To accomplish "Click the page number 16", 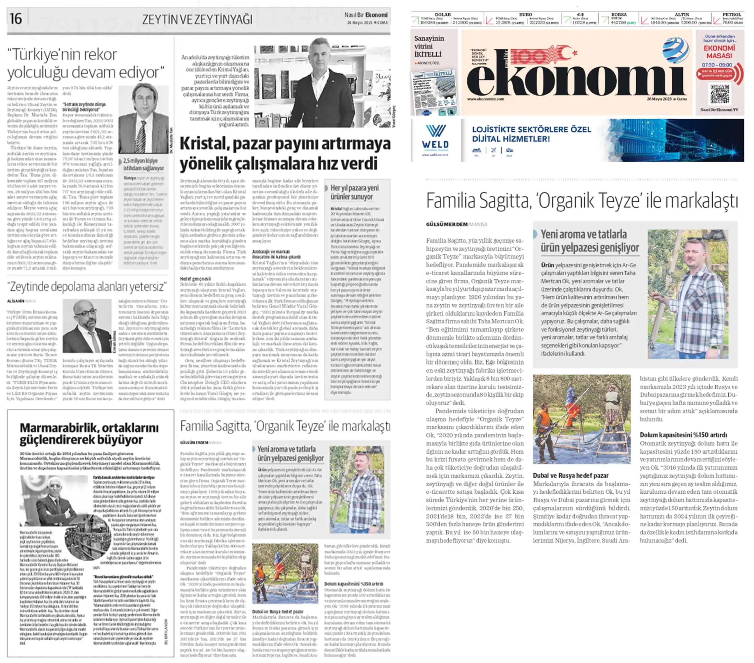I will coord(16,18).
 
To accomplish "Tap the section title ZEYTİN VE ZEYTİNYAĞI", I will coord(197,19).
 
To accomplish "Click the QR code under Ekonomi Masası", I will coord(719,94).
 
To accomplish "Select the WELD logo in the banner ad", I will coord(435,137).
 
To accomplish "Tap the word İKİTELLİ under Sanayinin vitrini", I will coord(428,54).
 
